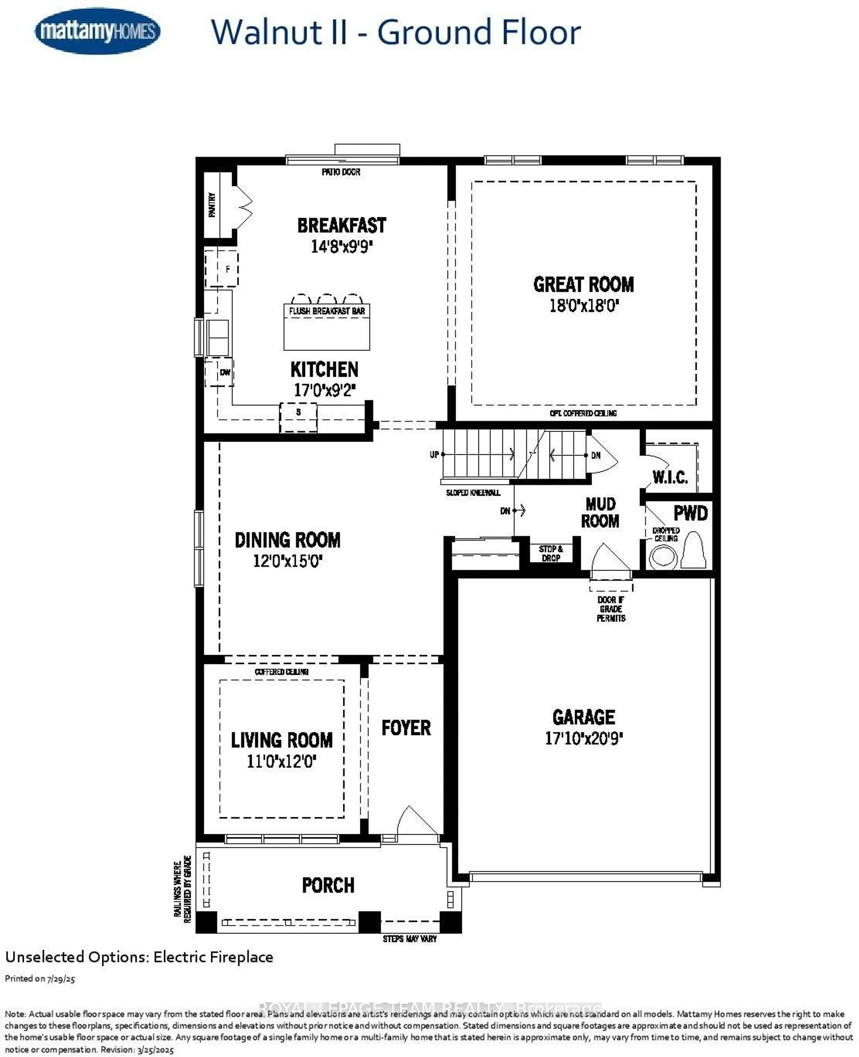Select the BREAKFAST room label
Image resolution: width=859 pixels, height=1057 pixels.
341,226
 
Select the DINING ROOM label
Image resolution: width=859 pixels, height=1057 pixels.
287,540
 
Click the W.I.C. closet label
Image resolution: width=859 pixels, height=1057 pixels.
670,477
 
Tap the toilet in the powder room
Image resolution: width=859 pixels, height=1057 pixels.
693,551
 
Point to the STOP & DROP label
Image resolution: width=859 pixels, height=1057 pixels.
551,553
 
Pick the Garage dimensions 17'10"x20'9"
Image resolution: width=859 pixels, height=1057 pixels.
584,738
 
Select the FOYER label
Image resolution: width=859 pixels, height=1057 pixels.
406,728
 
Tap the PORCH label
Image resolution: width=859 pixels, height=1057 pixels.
328,885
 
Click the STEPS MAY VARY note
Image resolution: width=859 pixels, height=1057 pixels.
410,939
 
